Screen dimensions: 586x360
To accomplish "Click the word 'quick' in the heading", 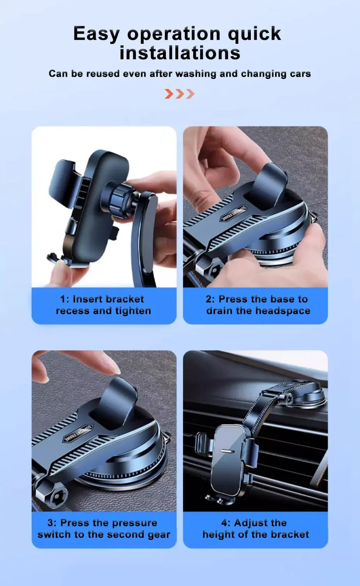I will coord(254,34).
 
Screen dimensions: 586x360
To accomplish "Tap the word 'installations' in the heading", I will coord(180,53).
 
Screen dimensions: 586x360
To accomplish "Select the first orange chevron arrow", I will coord(169,94).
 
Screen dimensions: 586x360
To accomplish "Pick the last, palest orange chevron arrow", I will coord(190,94).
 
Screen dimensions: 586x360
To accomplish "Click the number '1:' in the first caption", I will coord(65,299).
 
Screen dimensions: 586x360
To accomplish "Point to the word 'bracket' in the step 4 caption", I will coord(290,535).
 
